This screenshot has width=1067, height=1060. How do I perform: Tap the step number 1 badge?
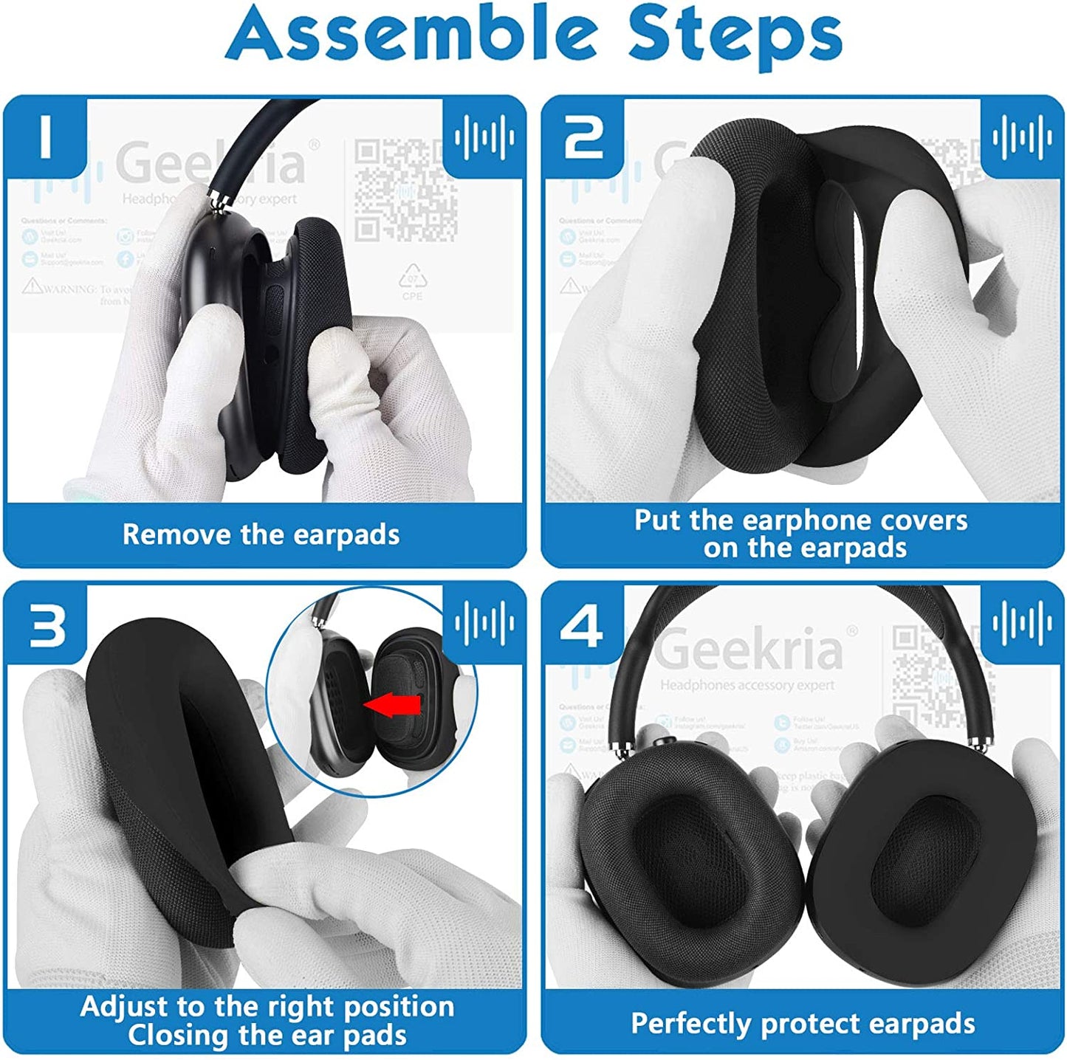pos(46,136)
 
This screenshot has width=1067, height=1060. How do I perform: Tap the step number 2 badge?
pos(583,136)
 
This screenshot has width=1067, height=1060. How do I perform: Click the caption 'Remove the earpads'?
pos(261,534)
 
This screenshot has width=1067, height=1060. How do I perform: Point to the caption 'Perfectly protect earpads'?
pos(803,1024)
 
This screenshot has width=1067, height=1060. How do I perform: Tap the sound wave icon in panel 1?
pos(484,137)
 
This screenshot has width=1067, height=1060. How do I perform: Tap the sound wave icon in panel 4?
pos(1022,624)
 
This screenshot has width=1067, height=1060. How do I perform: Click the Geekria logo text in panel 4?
pos(749,648)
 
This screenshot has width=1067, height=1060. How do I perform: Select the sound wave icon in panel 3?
pos(484,624)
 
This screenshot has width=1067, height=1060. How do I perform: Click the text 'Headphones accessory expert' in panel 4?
pos(747,685)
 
